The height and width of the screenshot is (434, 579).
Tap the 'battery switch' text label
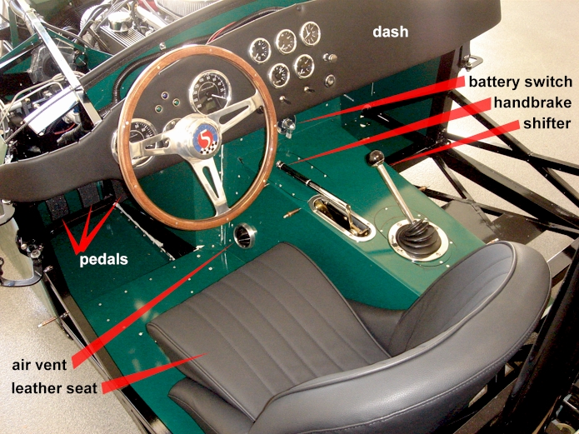click(x=520, y=82)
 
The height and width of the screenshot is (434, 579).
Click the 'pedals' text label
click(x=104, y=259)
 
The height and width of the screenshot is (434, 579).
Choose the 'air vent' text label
click(x=41, y=365)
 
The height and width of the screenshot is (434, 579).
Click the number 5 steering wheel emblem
click(x=204, y=139)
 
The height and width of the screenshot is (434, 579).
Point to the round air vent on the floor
click(x=246, y=236)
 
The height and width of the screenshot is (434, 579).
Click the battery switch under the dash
click(x=288, y=127)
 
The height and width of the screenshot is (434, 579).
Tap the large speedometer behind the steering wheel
click(x=210, y=92)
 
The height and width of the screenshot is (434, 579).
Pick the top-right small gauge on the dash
click(x=310, y=33)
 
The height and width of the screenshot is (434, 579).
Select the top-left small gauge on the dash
click(x=260, y=50)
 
